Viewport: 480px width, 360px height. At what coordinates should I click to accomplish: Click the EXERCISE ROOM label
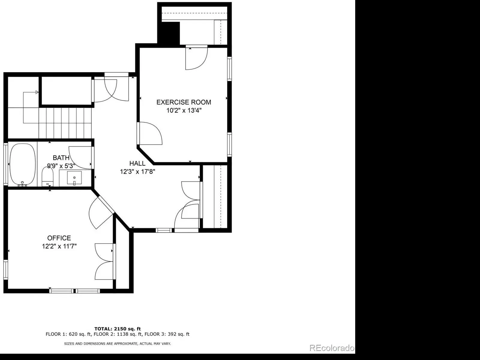(x=184, y=102)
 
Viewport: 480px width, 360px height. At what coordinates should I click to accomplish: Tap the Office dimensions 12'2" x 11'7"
(x=59, y=247)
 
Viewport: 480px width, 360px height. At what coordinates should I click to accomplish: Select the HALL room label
(x=137, y=163)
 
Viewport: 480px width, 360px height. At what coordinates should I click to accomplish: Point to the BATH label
(x=61, y=158)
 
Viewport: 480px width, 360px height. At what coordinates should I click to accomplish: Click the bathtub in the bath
(x=22, y=165)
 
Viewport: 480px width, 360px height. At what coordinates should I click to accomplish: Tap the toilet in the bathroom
(x=47, y=177)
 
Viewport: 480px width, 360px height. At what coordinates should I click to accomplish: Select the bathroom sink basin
(x=74, y=178)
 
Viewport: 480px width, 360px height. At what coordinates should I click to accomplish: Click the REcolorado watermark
(x=332, y=348)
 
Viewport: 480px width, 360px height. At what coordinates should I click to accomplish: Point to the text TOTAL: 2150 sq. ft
(x=117, y=329)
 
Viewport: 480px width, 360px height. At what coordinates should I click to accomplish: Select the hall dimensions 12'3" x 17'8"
(x=137, y=171)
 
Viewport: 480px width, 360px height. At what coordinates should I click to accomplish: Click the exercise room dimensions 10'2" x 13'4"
(x=184, y=110)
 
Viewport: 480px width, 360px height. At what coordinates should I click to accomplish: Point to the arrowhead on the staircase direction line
(x=37, y=92)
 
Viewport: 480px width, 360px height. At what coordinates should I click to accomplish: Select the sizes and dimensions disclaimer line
(x=117, y=343)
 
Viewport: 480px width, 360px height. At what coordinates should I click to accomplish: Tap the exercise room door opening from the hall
(x=150, y=133)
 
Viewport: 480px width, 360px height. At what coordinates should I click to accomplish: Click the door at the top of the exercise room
(x=196, y=57)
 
